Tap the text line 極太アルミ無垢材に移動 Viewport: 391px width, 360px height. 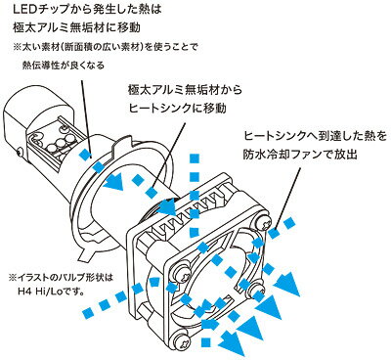pos(76,27)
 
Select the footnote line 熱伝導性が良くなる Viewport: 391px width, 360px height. pos(64,65)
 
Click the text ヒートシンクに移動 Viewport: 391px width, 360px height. pos(178,108)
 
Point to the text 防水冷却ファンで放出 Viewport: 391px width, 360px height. pos(300,154)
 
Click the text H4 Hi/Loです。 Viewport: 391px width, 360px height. pos(52,290)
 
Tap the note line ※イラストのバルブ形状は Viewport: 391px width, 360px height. pos(61,278)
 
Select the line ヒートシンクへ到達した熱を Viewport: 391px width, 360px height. pos(315,136)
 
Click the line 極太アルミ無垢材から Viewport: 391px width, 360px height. pos(186,90)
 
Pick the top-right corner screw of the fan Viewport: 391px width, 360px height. pos(263,223)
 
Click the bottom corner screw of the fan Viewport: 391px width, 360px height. pos(182,342)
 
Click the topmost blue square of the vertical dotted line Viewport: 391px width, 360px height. pos(195,157)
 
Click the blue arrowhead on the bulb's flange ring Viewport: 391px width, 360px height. pos(114,182)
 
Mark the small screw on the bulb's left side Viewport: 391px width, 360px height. pos(21,152)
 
